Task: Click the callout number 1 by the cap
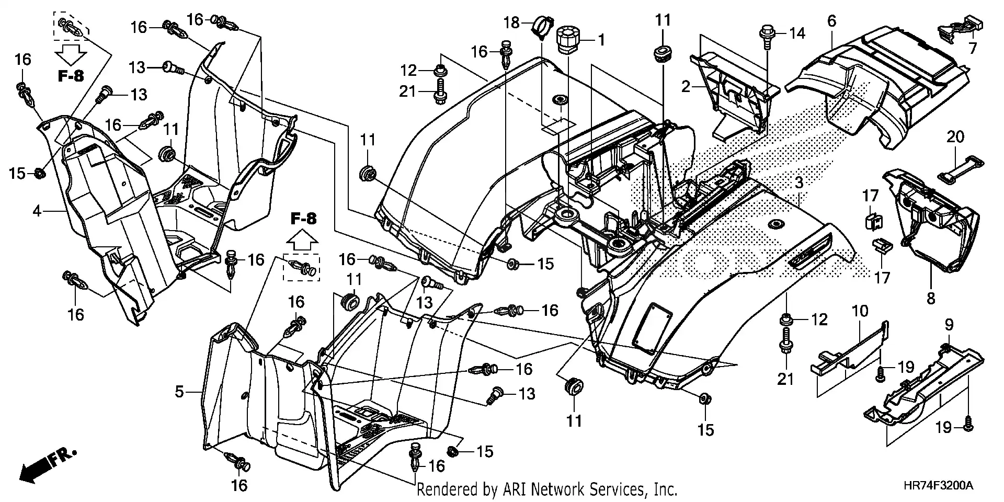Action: pos(601,39)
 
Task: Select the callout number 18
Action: pos(512,22)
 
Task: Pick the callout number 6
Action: pos(831,21)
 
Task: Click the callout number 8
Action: pos(931,299)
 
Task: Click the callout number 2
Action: pos(686,87)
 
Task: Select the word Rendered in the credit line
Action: pos(448,490)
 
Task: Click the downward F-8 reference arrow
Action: pos(71,53)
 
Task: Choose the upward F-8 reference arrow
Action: pos(304,242)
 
